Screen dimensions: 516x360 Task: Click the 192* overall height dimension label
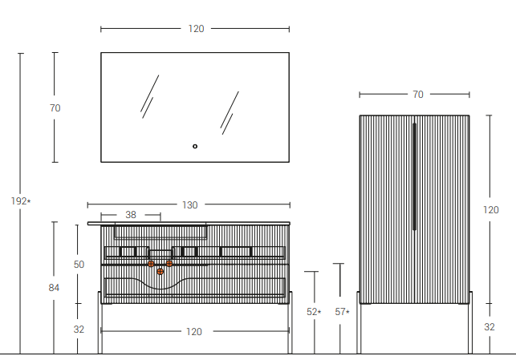pos(21,201)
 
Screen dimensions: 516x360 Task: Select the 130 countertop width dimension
pos(190,205)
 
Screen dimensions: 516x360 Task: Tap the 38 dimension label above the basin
pos(131,215)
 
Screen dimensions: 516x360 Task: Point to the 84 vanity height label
pos(54,288)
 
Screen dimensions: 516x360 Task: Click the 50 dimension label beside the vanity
pos(79,265)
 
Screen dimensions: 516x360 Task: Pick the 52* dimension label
pos(314,312)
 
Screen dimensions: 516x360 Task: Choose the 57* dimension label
pos(342,312)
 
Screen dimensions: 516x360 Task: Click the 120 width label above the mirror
pos(196,29)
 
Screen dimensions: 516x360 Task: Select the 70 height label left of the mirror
pos(55,107)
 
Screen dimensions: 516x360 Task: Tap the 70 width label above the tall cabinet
pos(418,95)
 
